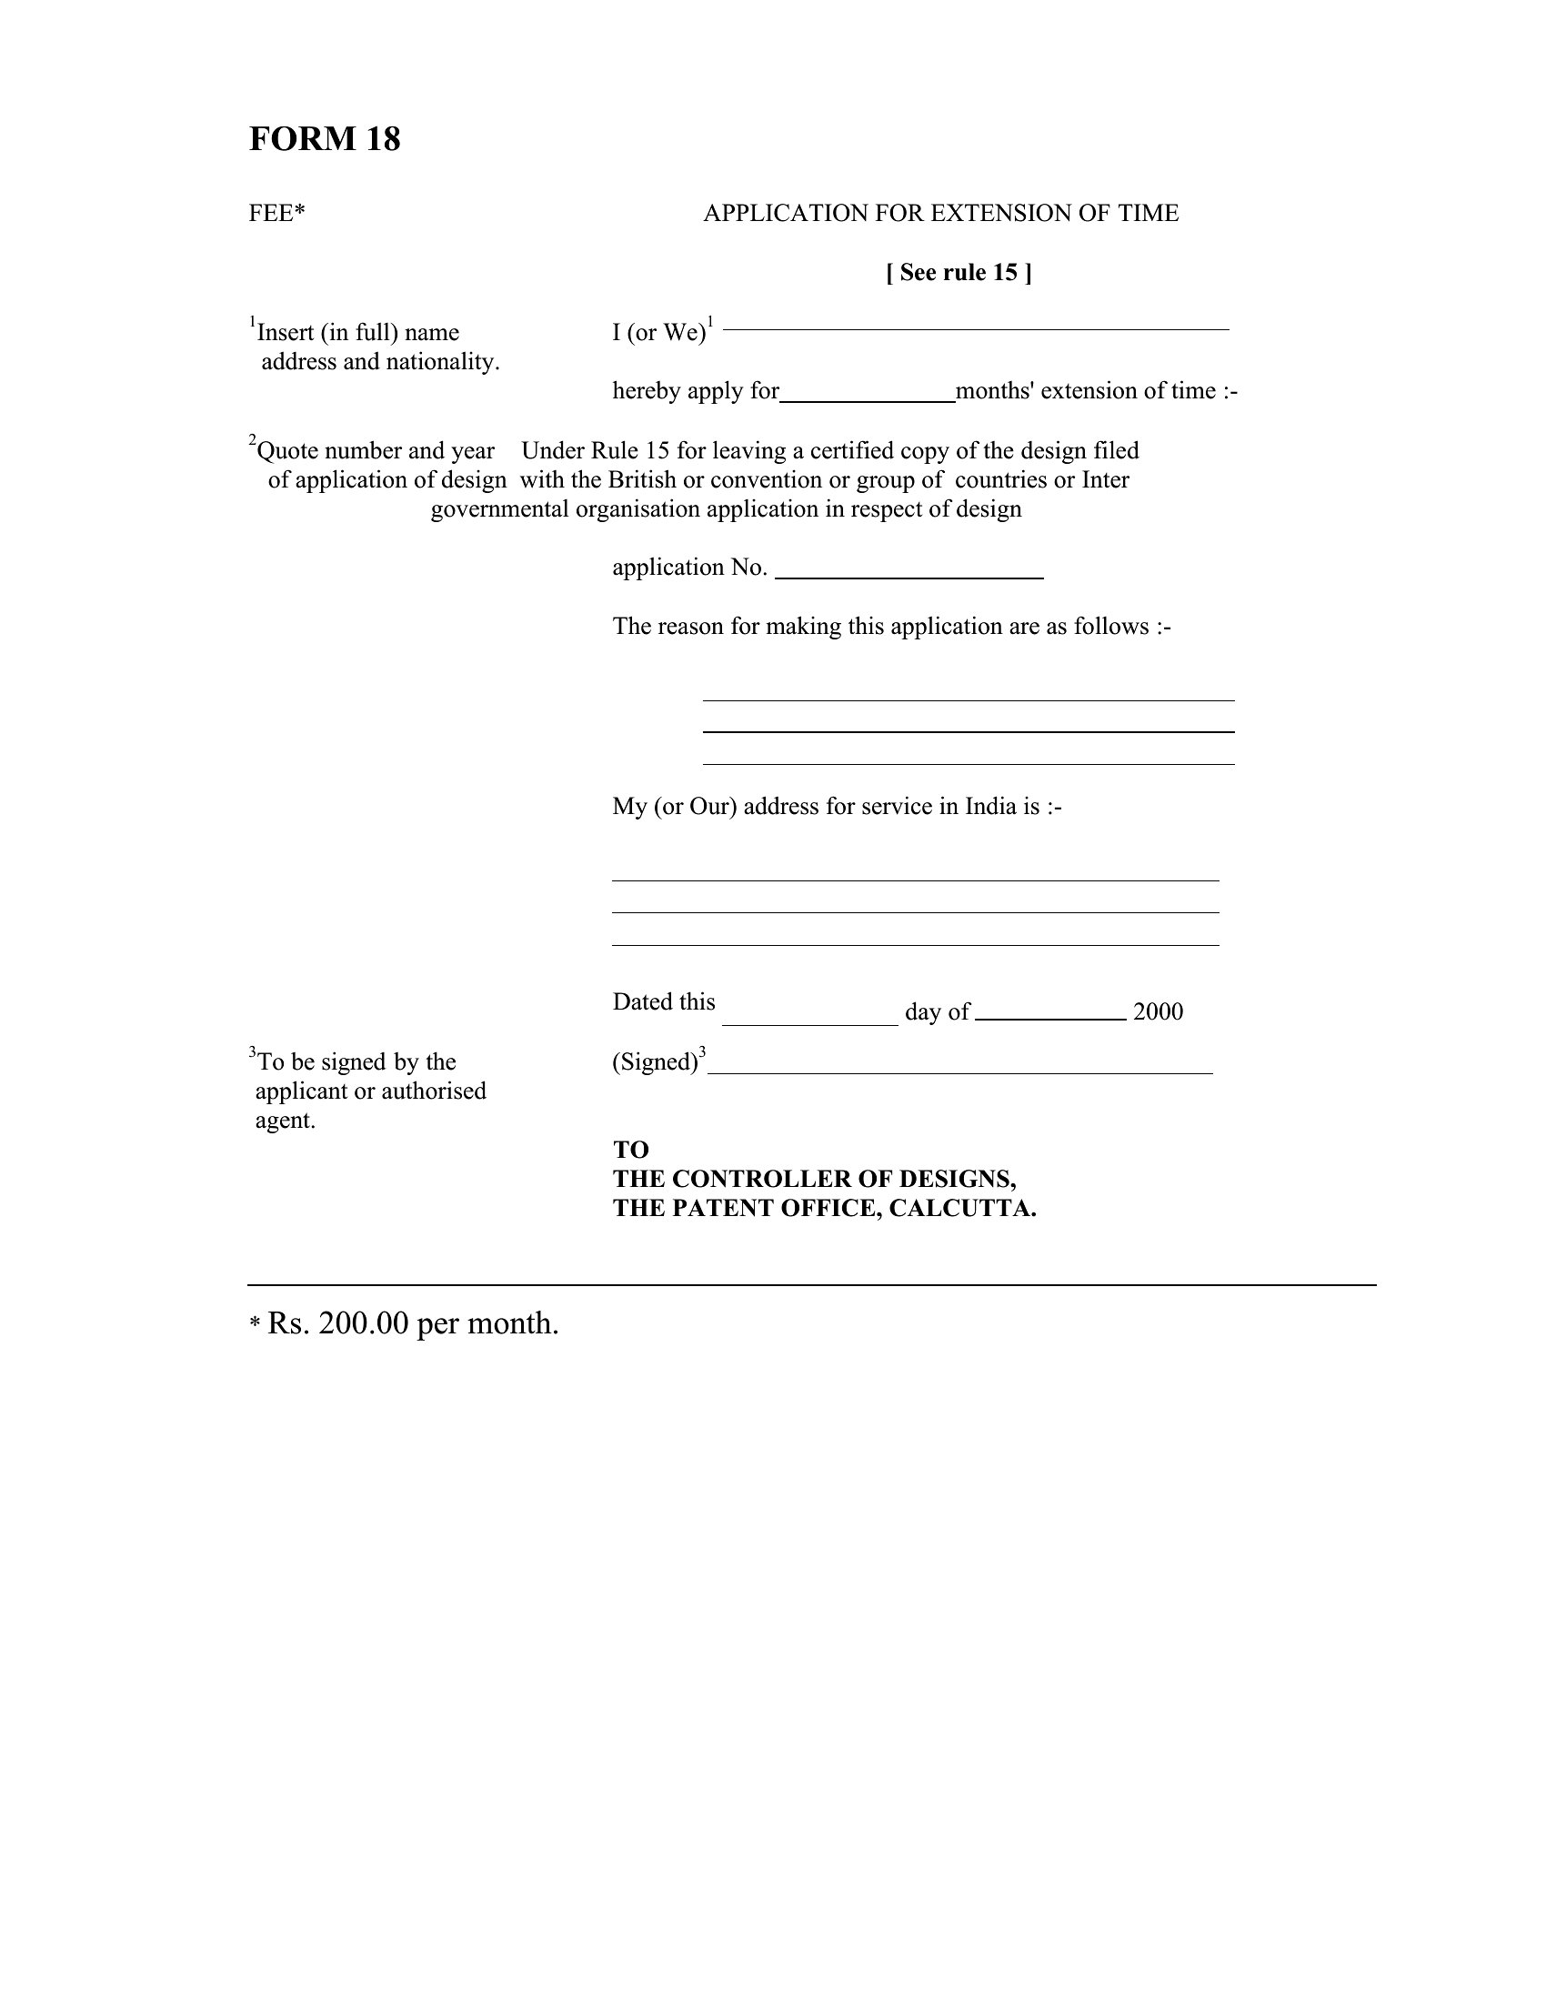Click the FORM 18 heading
325,139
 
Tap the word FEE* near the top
276,214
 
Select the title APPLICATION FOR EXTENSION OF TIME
940,214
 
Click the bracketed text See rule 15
958,273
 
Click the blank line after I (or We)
976,327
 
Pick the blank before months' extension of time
867,398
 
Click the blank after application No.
909,576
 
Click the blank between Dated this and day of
809,1021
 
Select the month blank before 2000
1050,1016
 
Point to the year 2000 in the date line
1158,1012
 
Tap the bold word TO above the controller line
630,1150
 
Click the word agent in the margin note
285,1121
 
